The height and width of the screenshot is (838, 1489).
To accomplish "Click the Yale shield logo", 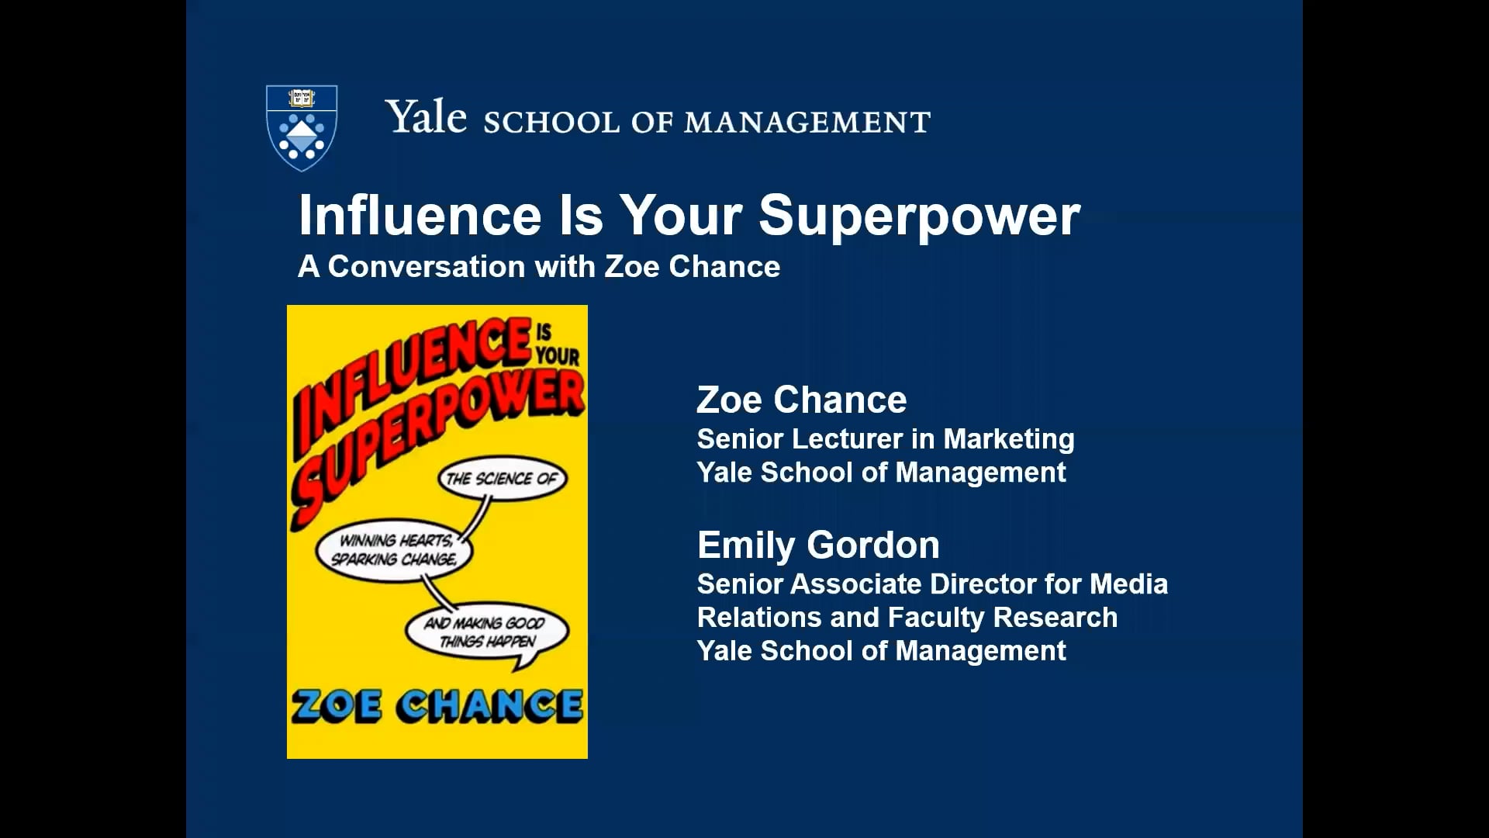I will pos(302,127).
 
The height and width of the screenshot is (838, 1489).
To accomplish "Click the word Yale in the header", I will pos(426,119).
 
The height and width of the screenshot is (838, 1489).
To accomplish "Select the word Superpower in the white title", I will pos(919,216).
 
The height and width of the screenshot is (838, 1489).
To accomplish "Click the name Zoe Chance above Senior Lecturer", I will pos(801,400).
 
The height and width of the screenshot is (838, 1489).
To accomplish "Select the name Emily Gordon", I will pos(818,545).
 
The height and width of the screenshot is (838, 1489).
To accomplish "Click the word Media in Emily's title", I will pos(1128,583).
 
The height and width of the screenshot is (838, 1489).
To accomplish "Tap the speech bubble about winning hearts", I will pos(394,549).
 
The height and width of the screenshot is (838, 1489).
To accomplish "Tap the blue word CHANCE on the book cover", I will pos(491,706).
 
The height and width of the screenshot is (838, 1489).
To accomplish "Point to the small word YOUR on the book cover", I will pos(557,355).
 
